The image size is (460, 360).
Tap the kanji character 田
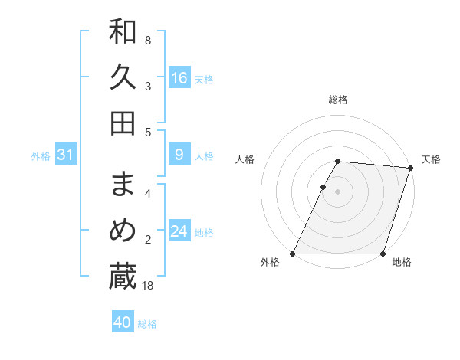pos(123,123)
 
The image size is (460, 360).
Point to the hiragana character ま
pos(123,185)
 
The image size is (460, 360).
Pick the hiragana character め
pos(123,231)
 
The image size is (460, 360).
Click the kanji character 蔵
pos(123,277)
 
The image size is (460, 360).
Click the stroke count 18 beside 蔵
pos(148,286)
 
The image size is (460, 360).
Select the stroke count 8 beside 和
pos(148,41)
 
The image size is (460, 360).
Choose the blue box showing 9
pos(179,155)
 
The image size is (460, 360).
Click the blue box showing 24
pos(179,231)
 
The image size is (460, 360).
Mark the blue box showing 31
pos(66,155)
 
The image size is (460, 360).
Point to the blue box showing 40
pos(123,322)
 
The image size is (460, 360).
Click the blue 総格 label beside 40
pos(147,324)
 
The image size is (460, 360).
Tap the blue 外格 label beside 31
pos(41,156)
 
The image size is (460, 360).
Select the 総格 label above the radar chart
pos(338,100)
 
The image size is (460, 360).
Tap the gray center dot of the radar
pos(338,192)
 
